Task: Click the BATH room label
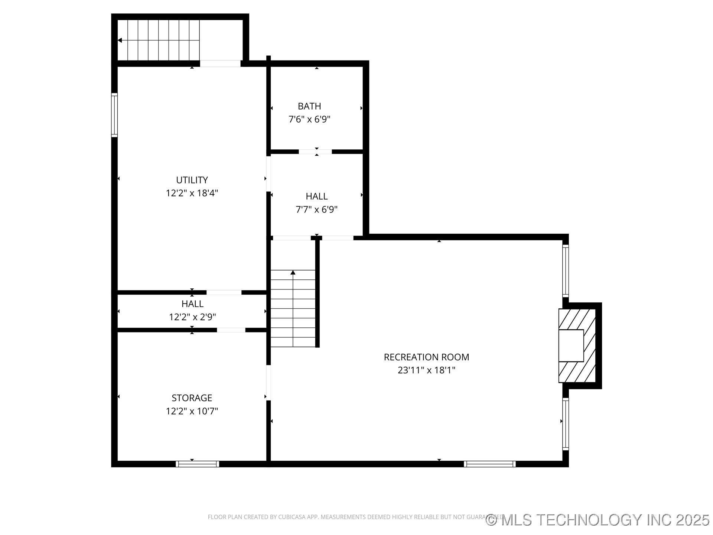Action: pos(309,106)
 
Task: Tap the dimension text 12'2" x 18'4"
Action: pos(192,193)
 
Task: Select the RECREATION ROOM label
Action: pos(426,357)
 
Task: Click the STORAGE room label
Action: pos(192,398)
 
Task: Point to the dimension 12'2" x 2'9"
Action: pos(192,317)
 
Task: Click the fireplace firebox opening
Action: pos(571,346)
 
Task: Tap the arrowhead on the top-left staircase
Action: pos(120,40)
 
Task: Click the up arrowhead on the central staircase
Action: pos(293,273)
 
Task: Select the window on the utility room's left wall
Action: pos(114,115)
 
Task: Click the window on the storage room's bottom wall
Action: pos(197,464)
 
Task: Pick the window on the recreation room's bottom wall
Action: pos(489,464)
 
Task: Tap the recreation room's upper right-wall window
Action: pos(565,270)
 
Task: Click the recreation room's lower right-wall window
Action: pos(565,424)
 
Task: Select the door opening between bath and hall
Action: pos(315,152)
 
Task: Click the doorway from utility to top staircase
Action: pos(220,64)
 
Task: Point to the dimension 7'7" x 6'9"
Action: pos(316,210)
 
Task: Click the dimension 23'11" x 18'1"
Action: pos(426,370)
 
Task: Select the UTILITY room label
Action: pos(192,180)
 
